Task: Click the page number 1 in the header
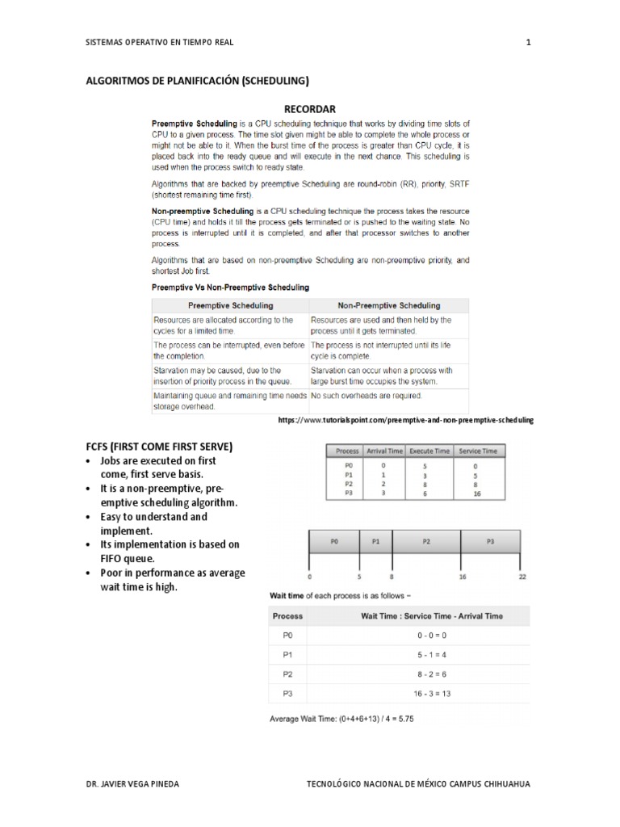point(528,43)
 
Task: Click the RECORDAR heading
point(309,108)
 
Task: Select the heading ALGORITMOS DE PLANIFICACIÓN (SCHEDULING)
point(198,81)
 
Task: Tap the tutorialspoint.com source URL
point(405,421)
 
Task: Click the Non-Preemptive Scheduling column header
point(388,305)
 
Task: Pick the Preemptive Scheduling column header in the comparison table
point(230,305)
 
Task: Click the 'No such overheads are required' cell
point(367,396)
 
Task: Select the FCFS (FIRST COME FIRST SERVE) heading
point(159,446)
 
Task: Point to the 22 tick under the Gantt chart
point(522,577)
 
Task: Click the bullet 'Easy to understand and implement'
point(153,523)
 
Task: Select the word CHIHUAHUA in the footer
point(509,784)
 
